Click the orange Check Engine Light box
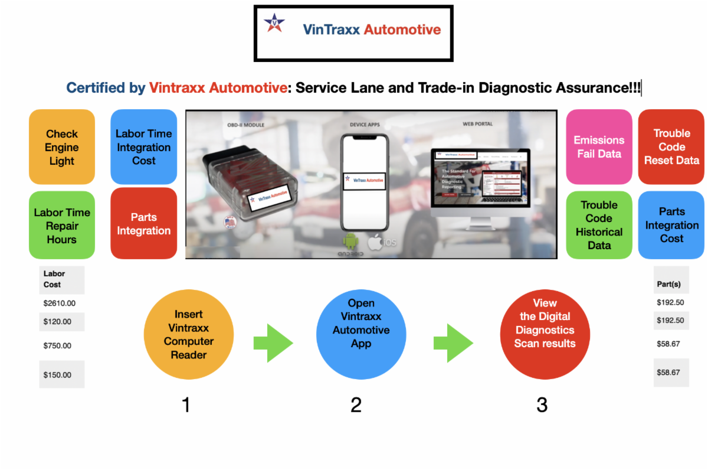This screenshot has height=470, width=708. point(62,147)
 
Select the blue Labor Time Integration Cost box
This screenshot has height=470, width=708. point(143,147)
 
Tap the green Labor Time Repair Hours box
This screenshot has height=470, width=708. point(62,226)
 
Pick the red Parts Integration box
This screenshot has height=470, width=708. point(143,224)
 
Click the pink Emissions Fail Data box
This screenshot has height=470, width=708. point(599,147)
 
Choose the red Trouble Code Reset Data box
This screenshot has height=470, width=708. point(671,147)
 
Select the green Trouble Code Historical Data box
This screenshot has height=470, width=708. point(599,225)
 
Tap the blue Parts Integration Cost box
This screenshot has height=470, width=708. point(671,225)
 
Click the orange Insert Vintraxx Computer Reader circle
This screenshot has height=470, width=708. point(189,335)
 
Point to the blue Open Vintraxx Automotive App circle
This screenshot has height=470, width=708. point(361,335)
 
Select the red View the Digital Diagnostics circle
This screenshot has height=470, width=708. point(545,335)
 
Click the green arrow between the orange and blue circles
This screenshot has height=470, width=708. point(273,343)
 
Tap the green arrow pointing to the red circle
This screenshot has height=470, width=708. point(453,343)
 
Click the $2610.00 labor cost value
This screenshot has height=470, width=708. point(60,303)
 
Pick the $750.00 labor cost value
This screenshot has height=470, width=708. point(57,346)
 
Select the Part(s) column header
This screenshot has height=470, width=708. point(669,284)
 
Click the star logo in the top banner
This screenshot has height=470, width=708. point(274,24)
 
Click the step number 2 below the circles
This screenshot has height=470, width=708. point(356,405)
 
